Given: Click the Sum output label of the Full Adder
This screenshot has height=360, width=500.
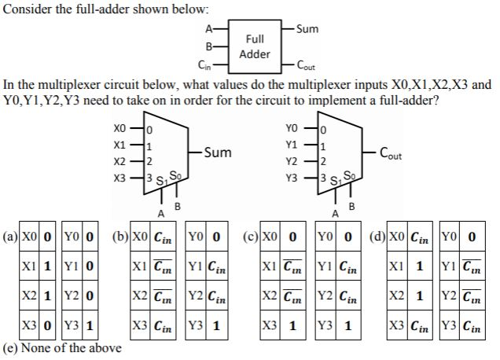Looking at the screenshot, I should click(308, 29).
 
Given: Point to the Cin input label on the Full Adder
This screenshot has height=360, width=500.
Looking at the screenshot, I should click(204, 65).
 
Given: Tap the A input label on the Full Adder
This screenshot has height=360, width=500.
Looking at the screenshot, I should click(208, 29).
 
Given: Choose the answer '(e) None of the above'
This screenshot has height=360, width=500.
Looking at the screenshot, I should click(63, 348).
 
